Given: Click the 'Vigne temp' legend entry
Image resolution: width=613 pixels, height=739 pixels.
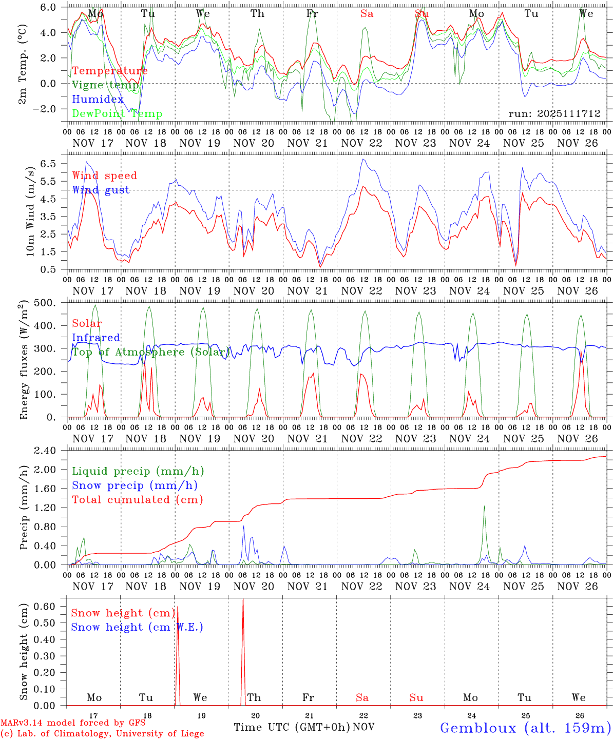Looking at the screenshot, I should coord(105,85).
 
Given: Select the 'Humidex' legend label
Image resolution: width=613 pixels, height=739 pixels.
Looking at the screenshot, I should coord(98,100).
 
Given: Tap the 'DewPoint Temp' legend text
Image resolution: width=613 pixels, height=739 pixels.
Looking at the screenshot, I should coord(117,114).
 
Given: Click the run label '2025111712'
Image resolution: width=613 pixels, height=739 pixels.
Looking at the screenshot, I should coord(554,114).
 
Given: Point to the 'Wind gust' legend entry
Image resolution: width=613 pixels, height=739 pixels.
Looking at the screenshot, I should coord(101,190).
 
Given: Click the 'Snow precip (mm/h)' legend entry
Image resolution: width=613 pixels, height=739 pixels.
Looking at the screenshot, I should coord(135,485).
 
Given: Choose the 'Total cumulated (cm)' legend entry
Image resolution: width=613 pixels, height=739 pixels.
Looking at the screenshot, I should coord(137,500).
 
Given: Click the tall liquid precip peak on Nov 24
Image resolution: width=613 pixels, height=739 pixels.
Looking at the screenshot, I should coord(484,507).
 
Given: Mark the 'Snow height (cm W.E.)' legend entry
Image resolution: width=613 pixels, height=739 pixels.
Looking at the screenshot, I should coord(137,627).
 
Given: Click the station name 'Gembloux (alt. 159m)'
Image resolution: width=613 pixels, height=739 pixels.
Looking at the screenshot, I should coord(525,728).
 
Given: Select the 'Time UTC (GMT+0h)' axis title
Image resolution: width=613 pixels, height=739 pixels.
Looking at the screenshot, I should coord(292,727).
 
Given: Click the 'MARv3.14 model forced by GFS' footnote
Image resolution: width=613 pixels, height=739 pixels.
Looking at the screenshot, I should coord(73,723).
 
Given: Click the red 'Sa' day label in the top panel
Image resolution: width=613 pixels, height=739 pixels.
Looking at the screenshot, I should coord(367,14).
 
